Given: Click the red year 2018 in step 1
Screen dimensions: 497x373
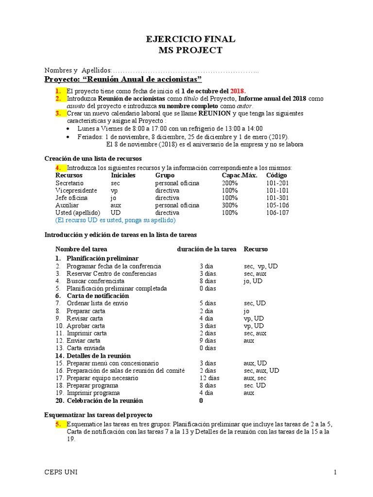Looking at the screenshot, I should pyautogui.click(x=238, y=91).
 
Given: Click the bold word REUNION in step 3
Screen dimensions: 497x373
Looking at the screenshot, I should pyautogui.click(x=215, y=113).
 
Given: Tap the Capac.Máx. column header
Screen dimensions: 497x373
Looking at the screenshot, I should pyautogui.click(x=239, y=175).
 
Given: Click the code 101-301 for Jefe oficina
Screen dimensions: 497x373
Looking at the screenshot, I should pyautogui.click(x=278, y=198).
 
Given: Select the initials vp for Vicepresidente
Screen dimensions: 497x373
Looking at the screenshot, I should pyautogui.click(x=114, y=191).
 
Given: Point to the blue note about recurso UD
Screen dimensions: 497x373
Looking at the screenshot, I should pyautogui.click(x=116, y=220).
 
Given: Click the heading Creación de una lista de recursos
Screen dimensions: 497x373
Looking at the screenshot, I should pyautogui.click(x=93, y=159).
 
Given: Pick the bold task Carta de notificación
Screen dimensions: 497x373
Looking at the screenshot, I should pyautogui.click(x=98, y=296).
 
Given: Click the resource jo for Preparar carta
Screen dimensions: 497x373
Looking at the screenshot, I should pyautogui.click(x=247, y=311).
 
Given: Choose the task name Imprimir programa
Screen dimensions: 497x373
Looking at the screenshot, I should pyautogui.click(x=93, y=393).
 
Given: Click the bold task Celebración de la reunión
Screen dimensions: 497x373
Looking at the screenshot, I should pyautogui.click(x=104, y=400).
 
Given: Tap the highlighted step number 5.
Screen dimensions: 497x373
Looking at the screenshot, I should pyautogui.click(x=58, y=424).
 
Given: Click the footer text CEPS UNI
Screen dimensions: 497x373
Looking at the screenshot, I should pyautogui.click(x=61, y=472).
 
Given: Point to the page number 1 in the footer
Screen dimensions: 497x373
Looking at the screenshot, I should pyautogui.click(x=335, y=472).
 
